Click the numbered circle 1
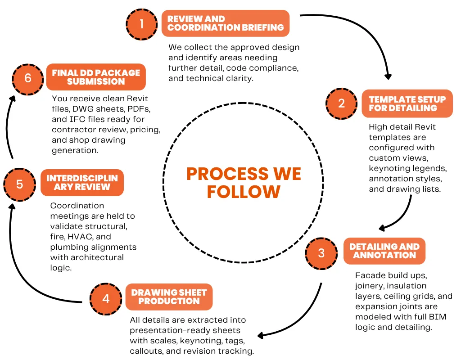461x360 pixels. pos(142,23)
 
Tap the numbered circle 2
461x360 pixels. pos(342,103)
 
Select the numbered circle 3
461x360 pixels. pos(321,252)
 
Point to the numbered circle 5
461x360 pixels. pos(19,184)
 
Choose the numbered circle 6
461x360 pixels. pos(28,78)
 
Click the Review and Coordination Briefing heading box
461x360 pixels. pos(226,23)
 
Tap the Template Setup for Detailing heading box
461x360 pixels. pos(407,103)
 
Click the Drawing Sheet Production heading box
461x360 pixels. pos(169,297)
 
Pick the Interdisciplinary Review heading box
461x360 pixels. pos(82,183)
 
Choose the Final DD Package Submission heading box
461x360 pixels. pos(95,77)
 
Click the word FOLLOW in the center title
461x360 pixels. pos(243,192)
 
